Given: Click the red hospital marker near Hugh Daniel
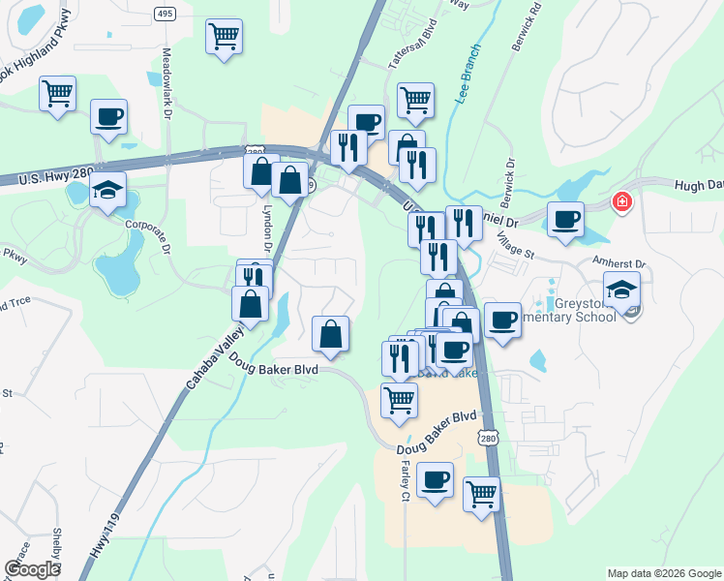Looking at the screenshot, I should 620,202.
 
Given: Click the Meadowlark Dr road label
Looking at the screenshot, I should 166,84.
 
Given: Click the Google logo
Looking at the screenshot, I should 32,569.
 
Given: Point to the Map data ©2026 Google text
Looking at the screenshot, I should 664,573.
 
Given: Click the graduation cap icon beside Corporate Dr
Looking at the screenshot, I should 108,189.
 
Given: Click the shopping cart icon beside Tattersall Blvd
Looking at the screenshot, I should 415,98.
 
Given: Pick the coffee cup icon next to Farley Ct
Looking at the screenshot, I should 435,478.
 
